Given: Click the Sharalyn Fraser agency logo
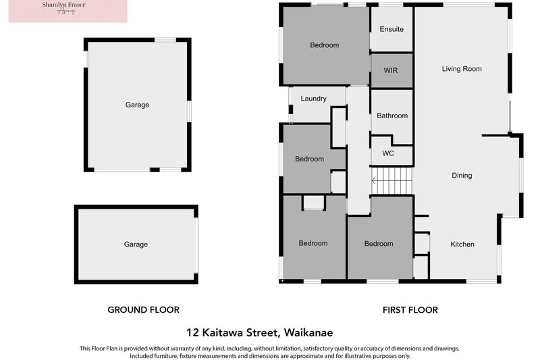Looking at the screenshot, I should tap(67, 11).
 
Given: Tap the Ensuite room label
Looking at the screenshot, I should tap(391, 29).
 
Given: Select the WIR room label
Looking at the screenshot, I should tap(391, 70).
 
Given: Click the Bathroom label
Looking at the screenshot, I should tap(392, 115).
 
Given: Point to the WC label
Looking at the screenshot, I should tap(388, 153).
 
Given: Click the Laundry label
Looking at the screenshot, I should tap(314, 99).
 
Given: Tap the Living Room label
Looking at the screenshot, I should tap(462, 69).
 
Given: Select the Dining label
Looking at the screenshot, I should tap(462, 176).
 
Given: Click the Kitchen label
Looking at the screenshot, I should tap(462, 245).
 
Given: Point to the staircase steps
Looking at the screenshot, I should tap(394, 181).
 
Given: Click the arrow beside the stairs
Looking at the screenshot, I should tap(373, 180).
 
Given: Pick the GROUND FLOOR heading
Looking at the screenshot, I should tap(144, 310).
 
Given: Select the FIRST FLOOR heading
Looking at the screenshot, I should tap(410, 310).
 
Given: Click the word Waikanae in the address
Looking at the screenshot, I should tap(308, 332).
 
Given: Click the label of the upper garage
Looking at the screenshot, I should tap(137, 105).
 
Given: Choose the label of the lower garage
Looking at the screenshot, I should tap(136, 245).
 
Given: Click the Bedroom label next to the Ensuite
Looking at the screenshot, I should tap(325, 45).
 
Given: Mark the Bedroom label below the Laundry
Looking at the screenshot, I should tap(310, 159).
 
